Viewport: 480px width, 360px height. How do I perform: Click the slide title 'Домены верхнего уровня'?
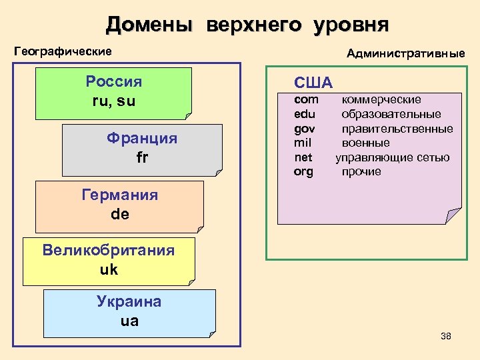(x=247, y=25)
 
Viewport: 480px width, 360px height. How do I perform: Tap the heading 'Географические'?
(x=63, y=51)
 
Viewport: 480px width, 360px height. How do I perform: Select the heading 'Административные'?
(x=405, y=53)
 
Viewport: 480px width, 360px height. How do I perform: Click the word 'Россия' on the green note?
(x=114, y=82)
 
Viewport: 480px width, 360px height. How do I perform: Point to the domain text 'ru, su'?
(x=114, y=101)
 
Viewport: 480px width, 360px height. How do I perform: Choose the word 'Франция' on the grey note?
(x=142, y=139)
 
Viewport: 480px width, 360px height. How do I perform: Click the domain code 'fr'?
(x=142, y=158)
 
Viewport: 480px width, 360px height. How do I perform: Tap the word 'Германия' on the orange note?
(x=120, y=195)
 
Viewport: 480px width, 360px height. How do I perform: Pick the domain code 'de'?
(x=120, y=215)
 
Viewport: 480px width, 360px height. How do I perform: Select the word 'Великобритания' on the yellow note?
(x=108, y=251)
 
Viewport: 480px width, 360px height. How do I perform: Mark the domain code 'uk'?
(x=108, y=269)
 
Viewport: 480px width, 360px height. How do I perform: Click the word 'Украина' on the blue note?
(x=129, y=301)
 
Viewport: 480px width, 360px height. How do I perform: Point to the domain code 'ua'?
(x=129, y=321)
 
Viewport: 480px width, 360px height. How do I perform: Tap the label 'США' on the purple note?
(x=313, y=83)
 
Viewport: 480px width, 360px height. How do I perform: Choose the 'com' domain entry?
(x=306, y=100)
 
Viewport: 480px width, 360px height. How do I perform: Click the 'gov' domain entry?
(x=305, y=129)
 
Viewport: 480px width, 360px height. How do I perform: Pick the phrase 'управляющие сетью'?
(x=392, y=157)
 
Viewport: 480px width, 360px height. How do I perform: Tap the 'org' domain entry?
(x=303, y=172)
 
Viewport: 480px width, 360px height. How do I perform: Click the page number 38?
(x=446, y=336)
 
